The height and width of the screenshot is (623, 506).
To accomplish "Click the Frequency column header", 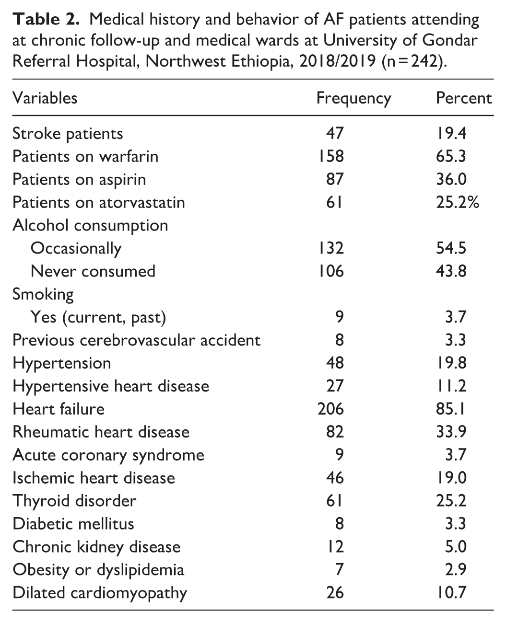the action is (x=353, y=99).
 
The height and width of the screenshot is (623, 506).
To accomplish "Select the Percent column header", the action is (x=464, y=98).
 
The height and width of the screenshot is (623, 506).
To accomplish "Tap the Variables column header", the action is (x=45, y=98).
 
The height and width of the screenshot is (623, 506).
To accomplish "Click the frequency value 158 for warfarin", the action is (x=331, y=156).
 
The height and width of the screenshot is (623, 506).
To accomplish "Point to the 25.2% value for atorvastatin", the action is (x=458, y=202).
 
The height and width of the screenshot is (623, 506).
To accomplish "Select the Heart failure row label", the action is (x=59, y=409).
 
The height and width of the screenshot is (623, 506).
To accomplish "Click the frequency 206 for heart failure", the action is (x=331, y=409).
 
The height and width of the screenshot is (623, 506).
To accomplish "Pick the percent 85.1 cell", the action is (x=450, y=409).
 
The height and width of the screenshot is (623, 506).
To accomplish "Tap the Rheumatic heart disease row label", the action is (x=101, y=432).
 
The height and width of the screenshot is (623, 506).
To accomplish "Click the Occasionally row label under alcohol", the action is (x=76, y=249).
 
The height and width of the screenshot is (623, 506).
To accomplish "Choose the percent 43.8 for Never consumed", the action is (x=451, y=271).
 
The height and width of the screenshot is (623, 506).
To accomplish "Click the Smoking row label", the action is (x=43, y=295).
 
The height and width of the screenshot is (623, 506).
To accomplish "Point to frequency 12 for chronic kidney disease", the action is (x=335, y=547).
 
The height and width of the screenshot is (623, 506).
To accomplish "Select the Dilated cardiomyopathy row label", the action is (x=100, y=593).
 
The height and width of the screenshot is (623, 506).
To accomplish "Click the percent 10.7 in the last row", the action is (x=451, y=593).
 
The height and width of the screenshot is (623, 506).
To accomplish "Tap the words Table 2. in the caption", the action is (x=46, y=19).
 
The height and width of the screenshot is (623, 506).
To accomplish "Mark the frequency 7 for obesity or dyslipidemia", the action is (x=340, y=569).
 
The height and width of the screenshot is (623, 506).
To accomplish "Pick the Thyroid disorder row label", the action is (x=74, y=501).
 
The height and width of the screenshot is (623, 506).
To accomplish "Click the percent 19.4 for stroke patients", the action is (x=451, y=133).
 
